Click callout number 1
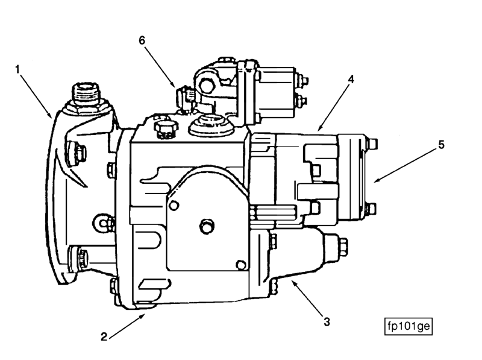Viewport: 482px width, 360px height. [18, 69]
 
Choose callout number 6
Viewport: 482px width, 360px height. [142, 40]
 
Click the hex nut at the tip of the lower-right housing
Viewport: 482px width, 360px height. [342, 245]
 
